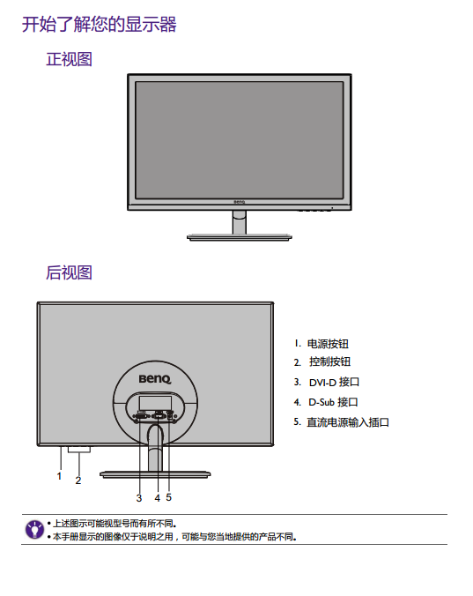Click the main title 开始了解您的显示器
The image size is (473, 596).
click(x=99, y=25)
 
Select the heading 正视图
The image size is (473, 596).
click(x=69, y=59)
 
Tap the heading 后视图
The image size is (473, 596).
click(x=69, y=272)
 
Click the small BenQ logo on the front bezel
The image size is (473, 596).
click(x=240, y=202)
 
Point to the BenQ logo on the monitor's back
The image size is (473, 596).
click(x=155, y=379)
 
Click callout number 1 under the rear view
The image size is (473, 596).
click(x=59, y=476)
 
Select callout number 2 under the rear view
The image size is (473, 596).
click(x=78, y=481)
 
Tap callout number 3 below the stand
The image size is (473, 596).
click(x=139, y=498)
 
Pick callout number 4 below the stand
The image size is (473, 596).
click(x=158, y=498)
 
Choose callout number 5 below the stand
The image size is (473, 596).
click(x=168, y=497)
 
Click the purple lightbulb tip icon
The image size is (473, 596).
click(x=34, y=530)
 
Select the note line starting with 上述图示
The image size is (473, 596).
click(x=112, y=524)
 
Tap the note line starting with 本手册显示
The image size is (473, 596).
click(x=172, y=537)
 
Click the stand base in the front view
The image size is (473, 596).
click(x=240, y=237)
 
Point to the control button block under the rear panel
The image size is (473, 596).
click(x=79, y=450)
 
